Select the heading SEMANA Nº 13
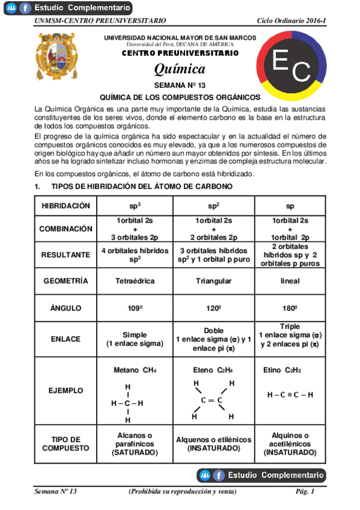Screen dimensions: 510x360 180,85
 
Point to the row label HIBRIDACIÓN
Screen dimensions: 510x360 66,206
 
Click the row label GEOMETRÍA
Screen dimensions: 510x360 66,281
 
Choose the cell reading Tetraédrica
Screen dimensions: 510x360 135,281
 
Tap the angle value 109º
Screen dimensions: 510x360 135,308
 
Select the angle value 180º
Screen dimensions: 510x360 290,308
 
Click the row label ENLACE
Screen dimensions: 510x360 66,339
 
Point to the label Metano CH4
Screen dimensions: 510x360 135,370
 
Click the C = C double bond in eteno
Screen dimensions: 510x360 212,400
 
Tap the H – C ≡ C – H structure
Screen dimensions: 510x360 290,395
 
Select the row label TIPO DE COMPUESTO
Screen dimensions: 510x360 66,444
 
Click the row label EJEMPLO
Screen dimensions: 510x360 66,390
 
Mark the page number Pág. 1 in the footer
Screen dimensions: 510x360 305,492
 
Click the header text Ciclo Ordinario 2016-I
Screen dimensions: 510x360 291,21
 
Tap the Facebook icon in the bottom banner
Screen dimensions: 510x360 219,475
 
